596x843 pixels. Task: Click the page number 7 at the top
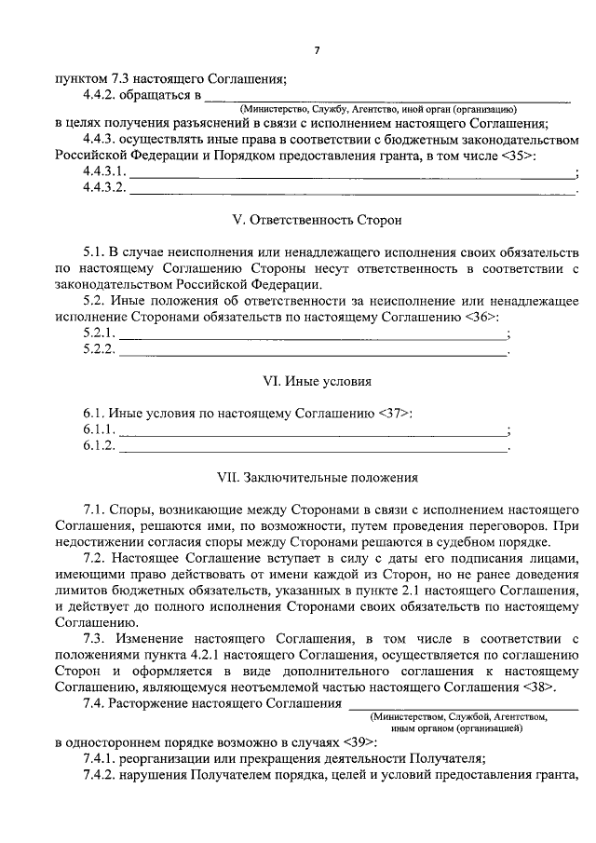316,48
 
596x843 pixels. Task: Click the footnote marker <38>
539,687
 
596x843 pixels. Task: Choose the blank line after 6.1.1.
313,430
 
